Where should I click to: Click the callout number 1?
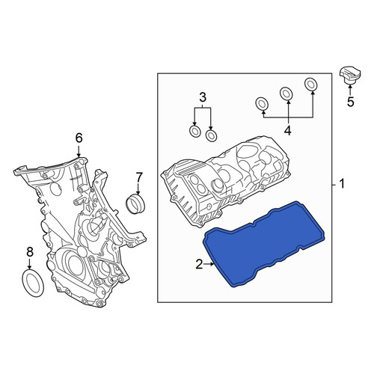coord(342,184)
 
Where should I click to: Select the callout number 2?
coord(199,264)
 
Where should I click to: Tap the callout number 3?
coord(203,97)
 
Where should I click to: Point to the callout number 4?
coord(288,130)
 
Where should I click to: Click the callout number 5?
coord(351,102)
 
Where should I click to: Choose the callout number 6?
coord(79,138)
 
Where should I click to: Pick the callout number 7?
coord(138,177)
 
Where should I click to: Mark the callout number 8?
coord(30,252)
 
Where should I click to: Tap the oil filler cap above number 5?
coord(350,76)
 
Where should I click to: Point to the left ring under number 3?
coord(195,131)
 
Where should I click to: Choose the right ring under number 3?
coord(211,135)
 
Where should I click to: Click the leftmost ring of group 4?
coord(262,103)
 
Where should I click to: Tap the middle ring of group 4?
coord(286,93)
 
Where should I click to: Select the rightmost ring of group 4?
coord(310,84)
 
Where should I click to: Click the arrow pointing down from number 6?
coord(79,151)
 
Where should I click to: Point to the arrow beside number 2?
coord(209,264)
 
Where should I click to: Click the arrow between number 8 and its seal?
coord(30,264)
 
